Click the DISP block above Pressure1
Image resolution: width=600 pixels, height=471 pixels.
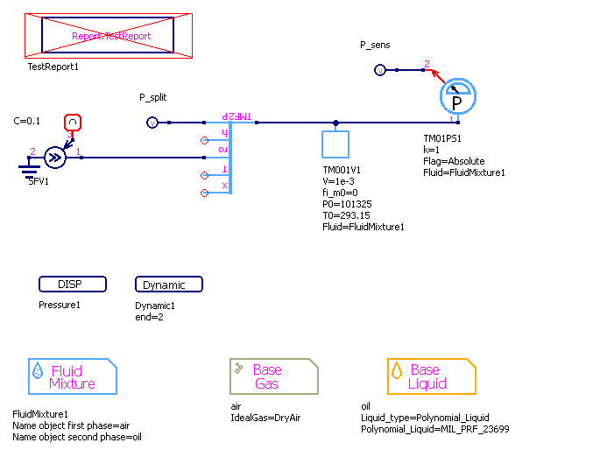tap(73, 285)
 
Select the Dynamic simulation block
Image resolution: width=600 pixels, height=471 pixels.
tap(169, 285)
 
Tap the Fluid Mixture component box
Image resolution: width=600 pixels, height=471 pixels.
tap(73, 376)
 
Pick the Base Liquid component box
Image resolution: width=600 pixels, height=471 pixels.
tap(431, 376)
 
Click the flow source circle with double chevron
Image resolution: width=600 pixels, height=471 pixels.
tap(55, 158)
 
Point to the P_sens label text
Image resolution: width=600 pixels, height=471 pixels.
tap(375, 44)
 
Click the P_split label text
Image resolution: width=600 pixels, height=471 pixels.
tap(154, 96)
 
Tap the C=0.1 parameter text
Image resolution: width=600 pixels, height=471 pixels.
tap(27, 121)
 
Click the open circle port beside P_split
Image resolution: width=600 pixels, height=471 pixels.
tap(152, 123)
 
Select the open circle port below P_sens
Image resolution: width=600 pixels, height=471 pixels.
tap(379, 70)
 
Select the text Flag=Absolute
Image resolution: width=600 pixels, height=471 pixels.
tap(454, 161)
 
